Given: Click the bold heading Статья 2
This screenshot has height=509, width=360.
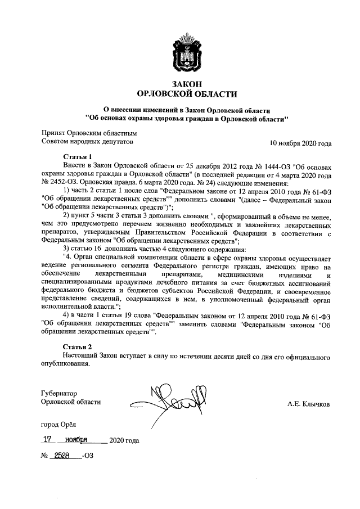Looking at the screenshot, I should coord(76,347).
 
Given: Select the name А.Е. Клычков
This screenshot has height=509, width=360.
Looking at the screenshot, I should coord(309,404).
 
